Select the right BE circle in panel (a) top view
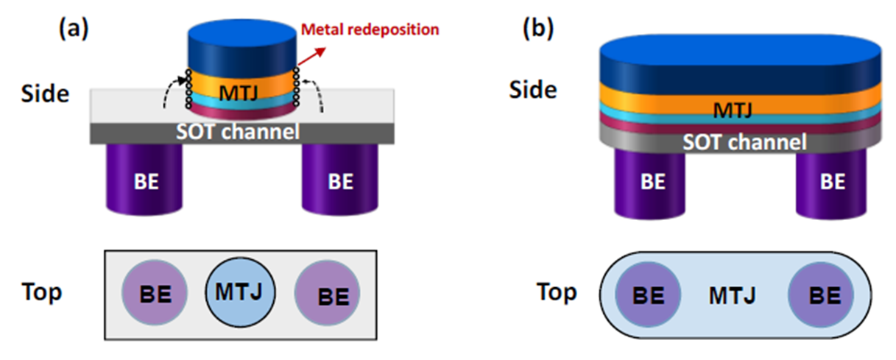click(x=327, y=295)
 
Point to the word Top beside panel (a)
click(x=41, y=292)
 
